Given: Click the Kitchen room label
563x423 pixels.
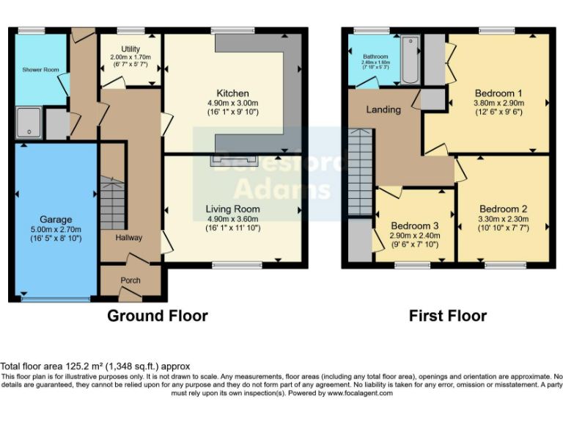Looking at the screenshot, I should (x=232, y=93).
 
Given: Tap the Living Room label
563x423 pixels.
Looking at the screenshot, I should (x=232, y=209).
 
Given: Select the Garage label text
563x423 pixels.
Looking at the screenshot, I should (x=56, y=220).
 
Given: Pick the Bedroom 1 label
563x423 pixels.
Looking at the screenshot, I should (x=498, y=93).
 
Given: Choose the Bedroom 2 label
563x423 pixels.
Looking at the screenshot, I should (x=502, y=209).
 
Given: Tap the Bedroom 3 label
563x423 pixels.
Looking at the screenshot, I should (x=415, y=225).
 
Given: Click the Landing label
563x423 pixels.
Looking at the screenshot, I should (x=383, y=110).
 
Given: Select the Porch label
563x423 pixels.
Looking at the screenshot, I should (x=130, y=281).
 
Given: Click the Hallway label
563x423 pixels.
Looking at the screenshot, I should (x=128, y=238).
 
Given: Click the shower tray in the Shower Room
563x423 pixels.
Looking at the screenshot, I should (x=28, y=123).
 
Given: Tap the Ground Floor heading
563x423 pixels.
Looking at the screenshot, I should (x=157, y=316).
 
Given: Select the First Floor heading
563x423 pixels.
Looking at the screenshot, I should (x=447, y=316).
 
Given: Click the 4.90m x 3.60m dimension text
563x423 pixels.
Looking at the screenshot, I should (x=232, y=220).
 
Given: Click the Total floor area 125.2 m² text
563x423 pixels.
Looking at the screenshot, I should (x=95, y=366).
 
